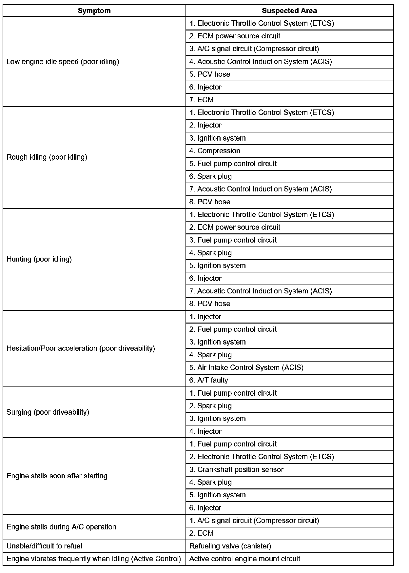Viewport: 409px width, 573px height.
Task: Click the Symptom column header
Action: pyautogui.click(x=94, y=11)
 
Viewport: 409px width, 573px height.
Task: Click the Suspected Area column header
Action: pyautogui.click(x=289, y=11)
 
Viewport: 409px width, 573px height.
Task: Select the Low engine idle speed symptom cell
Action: pyautogui.click(x=63, y=62)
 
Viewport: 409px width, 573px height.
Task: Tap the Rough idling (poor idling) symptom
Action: pyautogui.click(x=47, y=157)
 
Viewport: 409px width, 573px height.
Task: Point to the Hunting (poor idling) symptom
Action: pyautogui.click(x=39, y=259)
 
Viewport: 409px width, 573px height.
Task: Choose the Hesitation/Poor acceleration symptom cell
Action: pyautogui.click(x=81, y=348)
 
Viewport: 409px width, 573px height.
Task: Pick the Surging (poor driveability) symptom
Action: pyautogui.click(x=48, y=412)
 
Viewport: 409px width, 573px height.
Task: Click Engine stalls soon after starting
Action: pyautogui.click(x=57, y=476)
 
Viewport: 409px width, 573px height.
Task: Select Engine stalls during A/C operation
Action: pyautogui.click(x=61, y=527)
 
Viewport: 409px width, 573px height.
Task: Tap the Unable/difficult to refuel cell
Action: pyautogui.click(x=45, y=546)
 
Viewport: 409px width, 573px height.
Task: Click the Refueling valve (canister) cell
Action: pyautogui.click(x=230, y=546)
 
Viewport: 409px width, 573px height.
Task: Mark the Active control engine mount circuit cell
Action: pyautogui.click(x=245, y=559)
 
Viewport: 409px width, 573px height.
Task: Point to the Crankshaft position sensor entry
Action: pyautogui.click(x=236, y=470)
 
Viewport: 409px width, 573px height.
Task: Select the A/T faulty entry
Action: pyautogui.click(x=209, y=380)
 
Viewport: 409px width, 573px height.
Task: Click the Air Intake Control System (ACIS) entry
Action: pyautogui.click(x=246, y=367)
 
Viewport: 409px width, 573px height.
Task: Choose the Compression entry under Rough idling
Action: pyautogui.click(x=215, y=151)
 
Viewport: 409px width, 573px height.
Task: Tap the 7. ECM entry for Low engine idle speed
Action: pyautogui.click(x=202, y=100)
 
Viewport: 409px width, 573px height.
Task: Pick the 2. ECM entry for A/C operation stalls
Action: pyautogui.click(x=202, y=533)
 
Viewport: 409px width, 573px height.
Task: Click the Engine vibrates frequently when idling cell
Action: pyautogui.click(x=94, y=559)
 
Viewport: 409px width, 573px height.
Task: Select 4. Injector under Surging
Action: pyautogui.click(x=205, y=431)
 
